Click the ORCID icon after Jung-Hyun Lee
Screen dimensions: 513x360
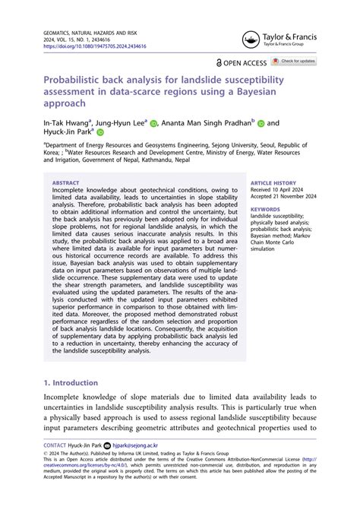coord(154,122)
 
